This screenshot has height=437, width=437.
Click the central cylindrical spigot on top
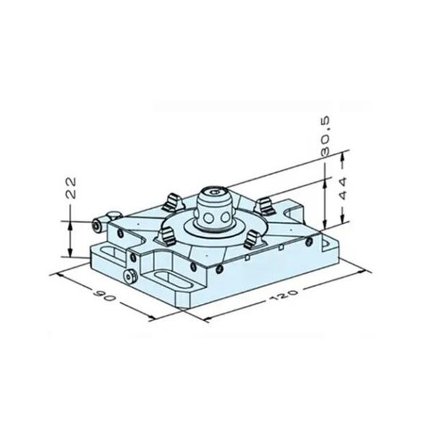click(x=215, y=208)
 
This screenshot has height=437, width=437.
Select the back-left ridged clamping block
click(x=174, y=202)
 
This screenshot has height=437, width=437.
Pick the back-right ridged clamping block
click(x=266, y=204)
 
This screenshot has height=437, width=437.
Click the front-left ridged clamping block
click(x=166, y=237)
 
